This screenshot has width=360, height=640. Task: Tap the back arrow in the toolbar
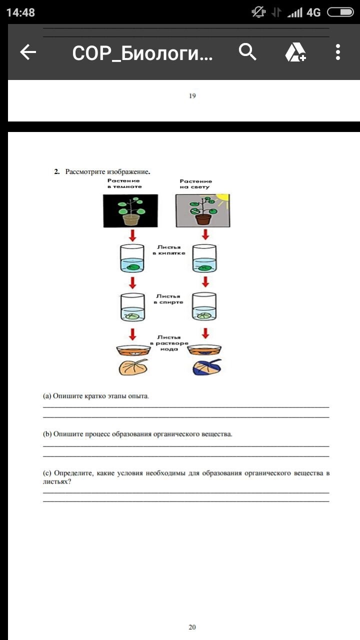pyautogui.click(x=28, y=52)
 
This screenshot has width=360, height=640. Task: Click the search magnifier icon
pyautogui.click(x=247, y=52)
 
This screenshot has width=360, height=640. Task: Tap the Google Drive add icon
pyautogui.click(x=295, y=52)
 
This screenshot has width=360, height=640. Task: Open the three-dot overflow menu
pyautogui.click(x=338, y=52)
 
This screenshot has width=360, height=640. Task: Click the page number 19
pyautogui.click(x=192, y=96)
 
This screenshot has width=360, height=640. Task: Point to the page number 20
pyautogui.click(x=192, y=627)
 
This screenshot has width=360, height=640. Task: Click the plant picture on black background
pyautogui.click(x=130, y=211)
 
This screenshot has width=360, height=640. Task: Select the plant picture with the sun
pyautogui.click(x=203, y=211)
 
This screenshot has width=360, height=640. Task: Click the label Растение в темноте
pyautogui.click(x=124, y=183)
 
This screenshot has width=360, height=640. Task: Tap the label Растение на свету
pyautogui.click(x=196, y=184)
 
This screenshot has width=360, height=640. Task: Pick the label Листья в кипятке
pyautogui.click(x=171, y=250)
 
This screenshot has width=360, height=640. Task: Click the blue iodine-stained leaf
pyautogui.click(x=206, y=367)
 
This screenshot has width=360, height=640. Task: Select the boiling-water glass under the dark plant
pyautogui.click(x=132, y=258)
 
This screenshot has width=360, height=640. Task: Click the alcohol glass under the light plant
pyautogui.click(x=204, y=306)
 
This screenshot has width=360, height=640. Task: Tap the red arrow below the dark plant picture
pyautogui.click(x=132, y=235)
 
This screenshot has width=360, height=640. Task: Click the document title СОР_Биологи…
pyautogui.click(x=142, y=52)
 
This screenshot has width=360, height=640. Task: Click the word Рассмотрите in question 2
pyautogui.click(x=85, y=172)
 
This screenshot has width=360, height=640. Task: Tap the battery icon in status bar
pyautogui.click(x=340, y=12)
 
